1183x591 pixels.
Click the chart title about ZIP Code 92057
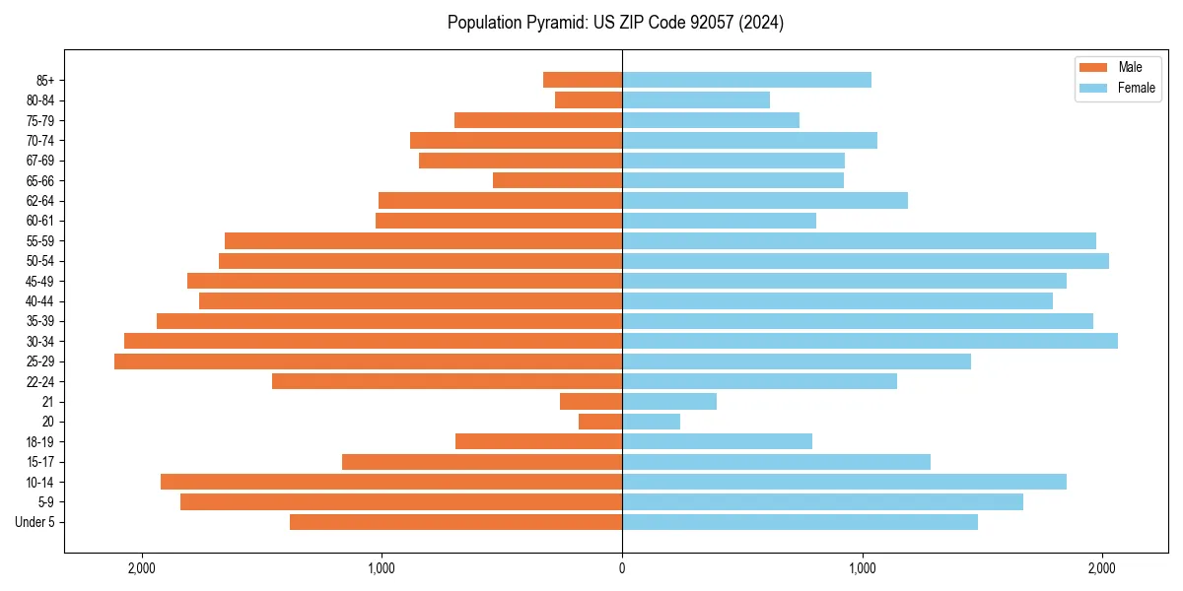(x=615, y=23)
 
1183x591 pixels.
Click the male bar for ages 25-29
(x=368, y=361)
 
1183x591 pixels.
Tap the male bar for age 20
(x=600, y=422)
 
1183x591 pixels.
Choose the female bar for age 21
(x=669, y=402)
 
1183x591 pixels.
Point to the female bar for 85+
(x=746, y=80)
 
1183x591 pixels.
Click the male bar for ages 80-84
(x=589, y=99)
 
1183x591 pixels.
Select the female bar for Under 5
(x=800, y=522)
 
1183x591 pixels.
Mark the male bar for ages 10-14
(x=391, y=482)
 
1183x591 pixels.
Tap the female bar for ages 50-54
(x=866, y=261)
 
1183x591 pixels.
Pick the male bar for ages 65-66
(x=557, y=180)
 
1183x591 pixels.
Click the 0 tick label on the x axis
(x=622, y=568)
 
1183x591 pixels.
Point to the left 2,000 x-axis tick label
(x=142, y=568)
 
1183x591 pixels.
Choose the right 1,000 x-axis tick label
(x=863, y=568)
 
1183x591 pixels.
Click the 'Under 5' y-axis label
(x=35, y=522)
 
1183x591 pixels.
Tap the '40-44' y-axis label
(x=39, y=301)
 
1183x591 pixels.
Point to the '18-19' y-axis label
(x=39, y=441)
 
